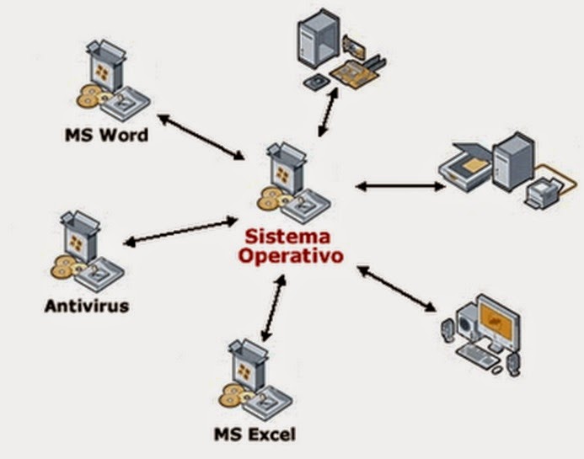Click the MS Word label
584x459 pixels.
[106, 135]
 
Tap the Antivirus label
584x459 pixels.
[87, 305]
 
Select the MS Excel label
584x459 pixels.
[254, 435]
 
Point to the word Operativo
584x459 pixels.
[291, 255]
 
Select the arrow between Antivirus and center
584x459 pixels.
[180, 232]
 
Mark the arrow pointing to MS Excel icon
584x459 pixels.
[270, 312]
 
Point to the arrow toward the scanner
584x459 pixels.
[399, 185]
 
